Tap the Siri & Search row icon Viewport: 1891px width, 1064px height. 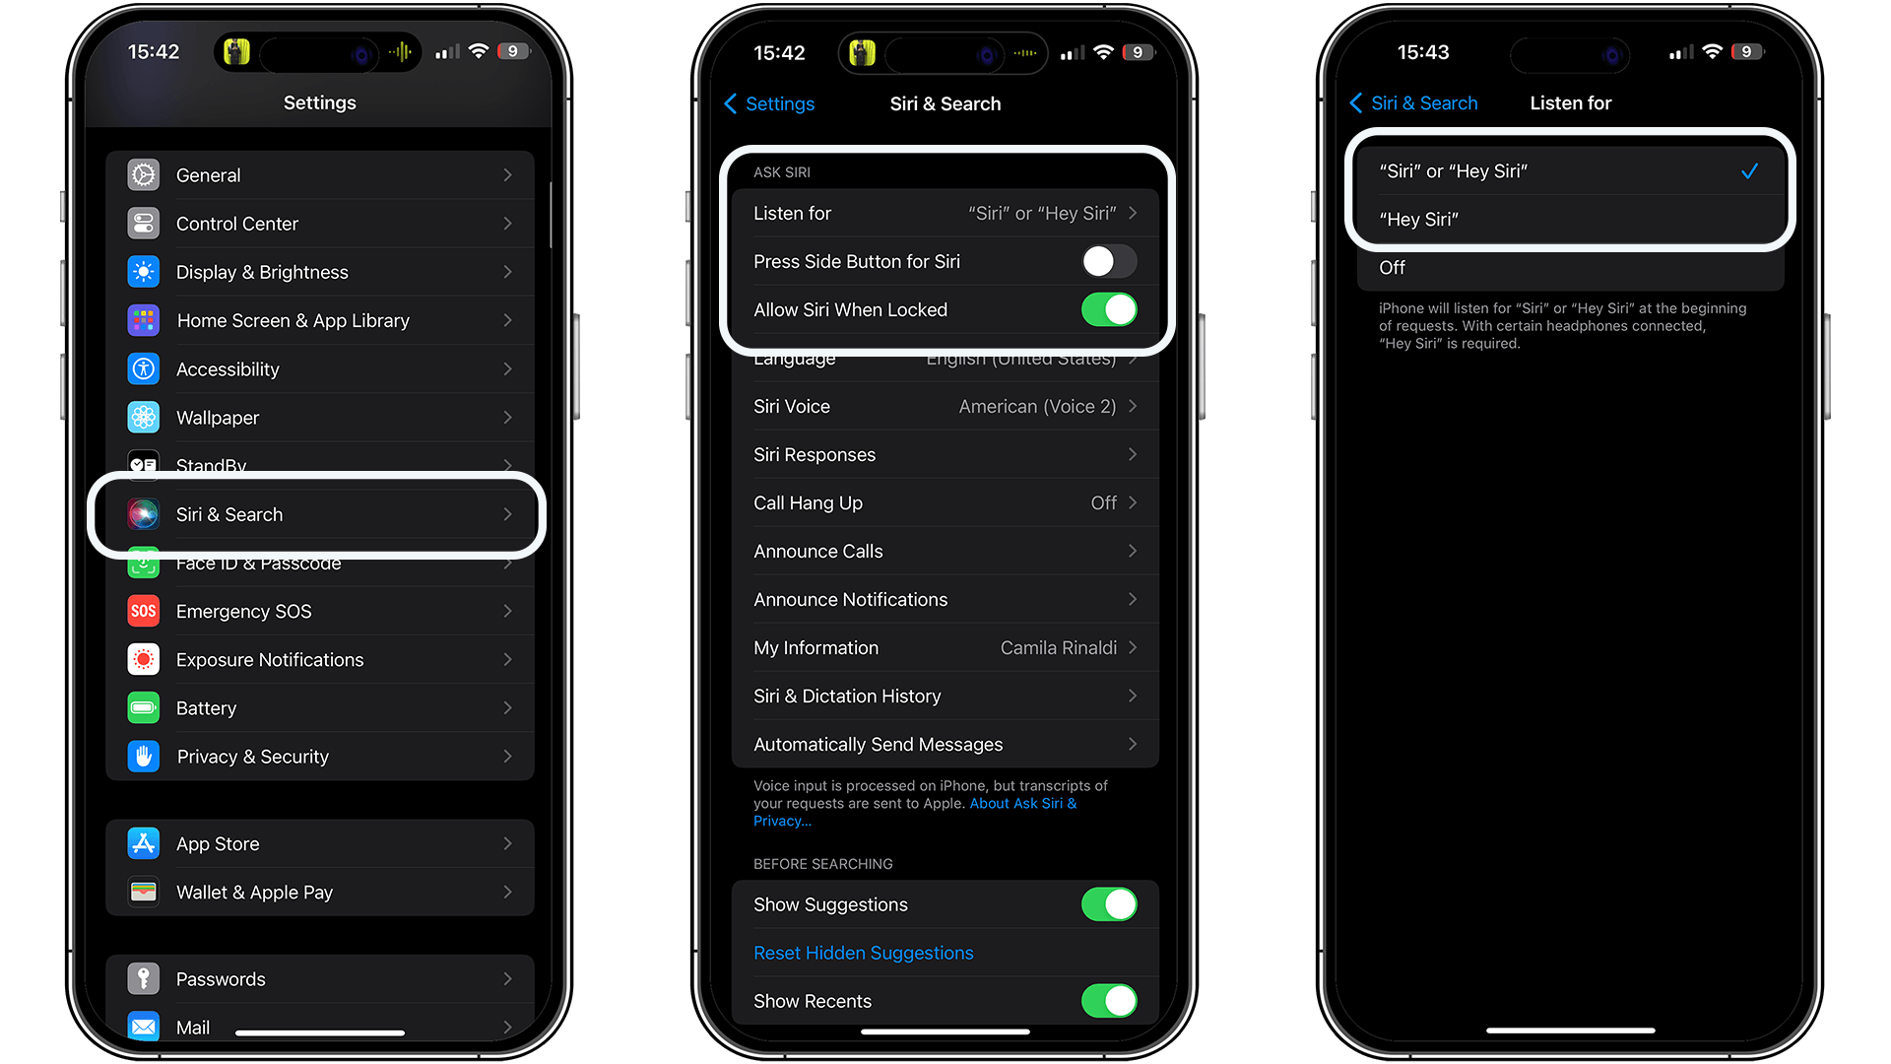tap(144, 514)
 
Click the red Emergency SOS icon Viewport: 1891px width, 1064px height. tap(144, 611)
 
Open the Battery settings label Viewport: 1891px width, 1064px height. tap(206, 708)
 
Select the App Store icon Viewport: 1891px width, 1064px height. tap(144, 843)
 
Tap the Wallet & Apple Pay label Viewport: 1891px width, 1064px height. tap(254, 893)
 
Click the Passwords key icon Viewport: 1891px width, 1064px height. tap(144, 979)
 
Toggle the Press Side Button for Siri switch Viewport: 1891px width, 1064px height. tap(1108, 261)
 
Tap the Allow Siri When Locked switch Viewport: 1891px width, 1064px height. tap(1108, 309)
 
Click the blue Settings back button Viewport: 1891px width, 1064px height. tap(769, 103)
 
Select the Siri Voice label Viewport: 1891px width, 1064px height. tap(791, 407)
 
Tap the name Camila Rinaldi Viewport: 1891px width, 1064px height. tap(1058, 648)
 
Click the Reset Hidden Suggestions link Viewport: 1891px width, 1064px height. tap(863, 953)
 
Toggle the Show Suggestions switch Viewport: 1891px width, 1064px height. tap(1108, 904)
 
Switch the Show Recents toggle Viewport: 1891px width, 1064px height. tap(1108, 1001)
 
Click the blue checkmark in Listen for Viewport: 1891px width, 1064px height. tap(1749, 171)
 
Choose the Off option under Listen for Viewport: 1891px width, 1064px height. tap(1392, 268)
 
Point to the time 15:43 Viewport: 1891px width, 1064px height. tap(1423, 52)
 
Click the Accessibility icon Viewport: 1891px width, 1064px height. tap(144, 369)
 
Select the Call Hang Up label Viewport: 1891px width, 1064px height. tap(808, 503)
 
